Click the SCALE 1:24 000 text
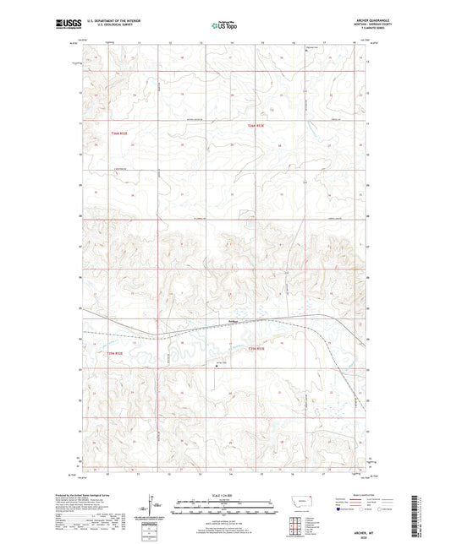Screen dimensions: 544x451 click(x=225, y=498)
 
